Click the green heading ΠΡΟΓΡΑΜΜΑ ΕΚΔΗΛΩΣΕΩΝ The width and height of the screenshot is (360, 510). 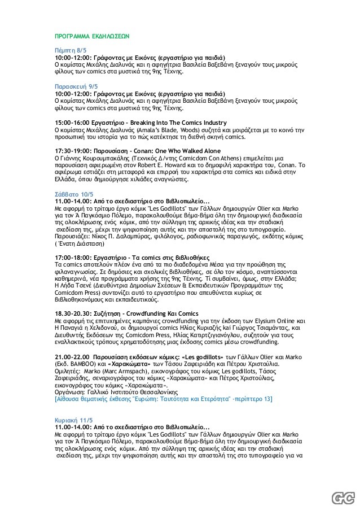91,35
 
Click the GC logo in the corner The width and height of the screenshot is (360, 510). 340,496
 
